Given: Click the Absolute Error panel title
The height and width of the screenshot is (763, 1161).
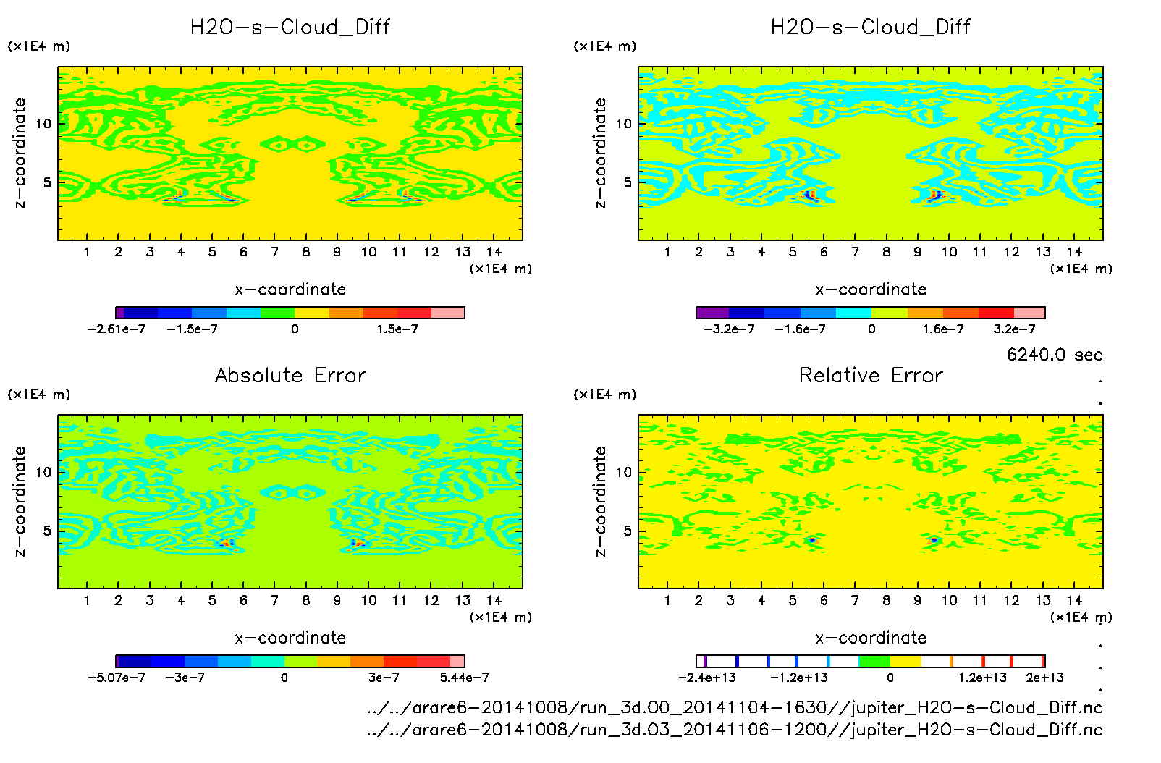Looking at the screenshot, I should pos(290,375).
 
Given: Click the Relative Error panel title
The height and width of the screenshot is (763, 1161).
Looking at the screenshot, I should pos(871,375).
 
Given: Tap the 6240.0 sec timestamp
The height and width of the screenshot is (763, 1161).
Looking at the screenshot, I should pos(1055,355).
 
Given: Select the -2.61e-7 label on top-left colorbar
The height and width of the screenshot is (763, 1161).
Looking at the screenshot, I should pos(116,329).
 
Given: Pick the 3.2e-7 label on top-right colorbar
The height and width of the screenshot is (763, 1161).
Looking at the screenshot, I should pos(1014,329).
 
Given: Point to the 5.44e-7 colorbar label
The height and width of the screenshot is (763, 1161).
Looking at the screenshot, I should pos(464,678).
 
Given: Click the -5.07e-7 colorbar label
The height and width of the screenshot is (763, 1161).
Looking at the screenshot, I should pos(116,678).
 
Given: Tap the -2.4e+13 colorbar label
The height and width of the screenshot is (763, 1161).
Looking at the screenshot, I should pos(706,678).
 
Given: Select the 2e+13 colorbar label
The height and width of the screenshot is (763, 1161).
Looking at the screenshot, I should pos(1044,678).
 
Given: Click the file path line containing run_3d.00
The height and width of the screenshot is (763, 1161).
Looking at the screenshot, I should pos(735,708).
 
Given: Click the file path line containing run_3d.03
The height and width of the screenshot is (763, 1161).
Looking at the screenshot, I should pos(735,730).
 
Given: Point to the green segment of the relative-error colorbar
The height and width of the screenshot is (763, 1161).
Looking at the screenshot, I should pos(874,661).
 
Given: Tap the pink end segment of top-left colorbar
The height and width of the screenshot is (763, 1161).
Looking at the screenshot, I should pos(448,313).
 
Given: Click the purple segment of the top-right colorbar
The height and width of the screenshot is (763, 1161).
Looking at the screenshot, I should pos(712,313).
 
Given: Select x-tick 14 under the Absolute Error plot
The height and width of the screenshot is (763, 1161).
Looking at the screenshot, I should pos(494,600).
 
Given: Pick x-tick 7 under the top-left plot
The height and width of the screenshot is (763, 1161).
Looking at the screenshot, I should pos(274,252).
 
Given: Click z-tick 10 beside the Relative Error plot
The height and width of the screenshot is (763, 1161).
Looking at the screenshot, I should pos(623,473).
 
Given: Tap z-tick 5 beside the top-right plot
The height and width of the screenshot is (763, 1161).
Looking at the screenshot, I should pos(628,182).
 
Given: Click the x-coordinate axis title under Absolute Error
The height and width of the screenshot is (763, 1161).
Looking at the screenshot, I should pos(290,638).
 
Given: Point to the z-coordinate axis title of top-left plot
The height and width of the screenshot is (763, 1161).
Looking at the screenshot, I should pos(20,153).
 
